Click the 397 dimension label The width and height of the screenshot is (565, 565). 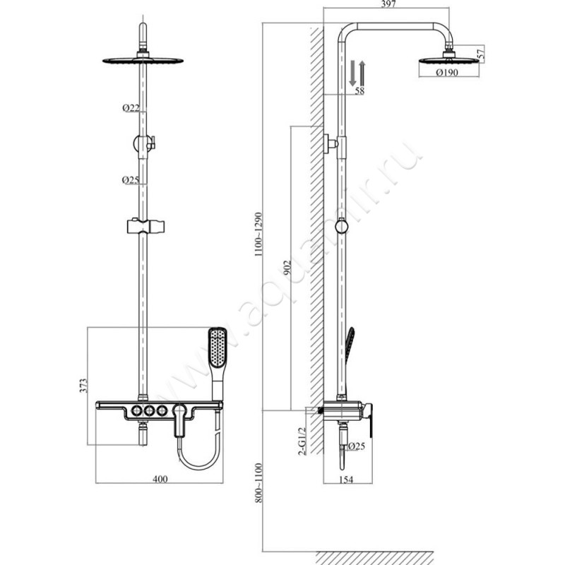(x=388, y=4)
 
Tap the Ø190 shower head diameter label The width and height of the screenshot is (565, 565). (x=447, y=73)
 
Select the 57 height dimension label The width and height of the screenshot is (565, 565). (x=481, y=54)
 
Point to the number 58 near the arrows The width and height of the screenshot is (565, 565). (x=359, y=90)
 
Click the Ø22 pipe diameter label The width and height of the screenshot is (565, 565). (x=131, y=107)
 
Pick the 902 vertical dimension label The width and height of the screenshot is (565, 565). (x=287, y=268)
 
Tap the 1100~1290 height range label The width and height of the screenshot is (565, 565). (x=258, y=234)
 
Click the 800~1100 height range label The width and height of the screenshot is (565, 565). (x=258, y=483)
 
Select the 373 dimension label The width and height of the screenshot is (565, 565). (x=83, y=386)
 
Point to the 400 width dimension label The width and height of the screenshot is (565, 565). (x=160, y=479)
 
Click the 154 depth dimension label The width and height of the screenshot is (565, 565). (x=346, y=480)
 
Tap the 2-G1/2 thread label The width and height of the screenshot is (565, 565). (x=302, y=441)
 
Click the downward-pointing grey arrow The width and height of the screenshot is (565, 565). (x=352, y=73)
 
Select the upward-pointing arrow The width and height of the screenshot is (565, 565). (x=362, y=73)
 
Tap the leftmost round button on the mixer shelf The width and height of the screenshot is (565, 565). (x=136, y=410)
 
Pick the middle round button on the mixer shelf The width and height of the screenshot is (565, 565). (x=149, y=410)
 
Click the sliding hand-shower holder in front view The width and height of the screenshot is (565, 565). (x=146, y=225)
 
